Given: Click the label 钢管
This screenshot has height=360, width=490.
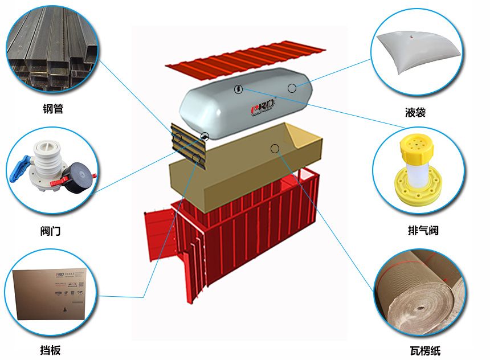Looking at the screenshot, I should (52, 108).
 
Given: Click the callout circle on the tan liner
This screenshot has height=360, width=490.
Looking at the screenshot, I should (275, 149).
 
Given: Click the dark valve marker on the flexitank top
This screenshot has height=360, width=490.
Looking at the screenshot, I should (238, 89).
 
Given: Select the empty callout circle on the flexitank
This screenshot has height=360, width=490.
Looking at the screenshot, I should (292, 88).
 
